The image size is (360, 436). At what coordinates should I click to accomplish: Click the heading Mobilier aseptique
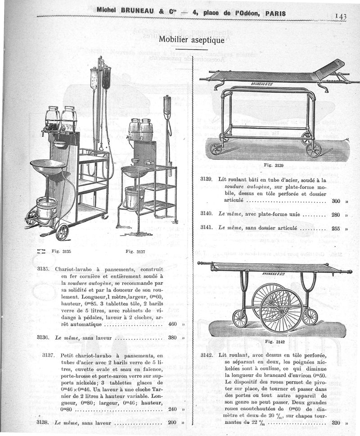(x=191, y=40)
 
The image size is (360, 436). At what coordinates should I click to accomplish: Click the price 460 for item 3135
(x=172, y=324)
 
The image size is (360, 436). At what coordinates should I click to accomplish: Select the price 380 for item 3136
(x=172, y=337)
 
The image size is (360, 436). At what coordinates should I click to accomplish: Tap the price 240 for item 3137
(x=172, y=409)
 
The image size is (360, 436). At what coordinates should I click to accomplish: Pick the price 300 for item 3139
(x=336, y=201)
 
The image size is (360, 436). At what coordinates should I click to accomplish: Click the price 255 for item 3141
(x=336, y=228)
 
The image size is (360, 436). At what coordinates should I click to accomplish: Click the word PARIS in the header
(x=275, y=13)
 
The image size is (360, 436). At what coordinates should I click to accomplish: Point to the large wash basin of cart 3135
(x=48, y=166)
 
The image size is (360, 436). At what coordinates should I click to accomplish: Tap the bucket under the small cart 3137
(x=135, y=197)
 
